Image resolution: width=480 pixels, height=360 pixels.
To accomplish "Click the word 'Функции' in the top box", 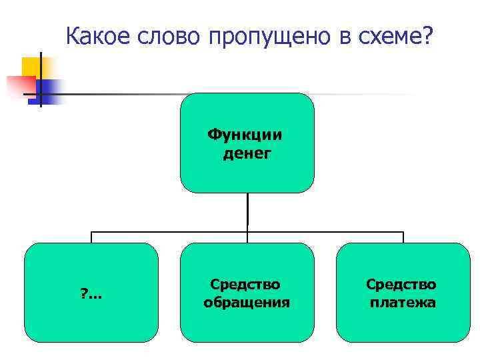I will pos(245,135).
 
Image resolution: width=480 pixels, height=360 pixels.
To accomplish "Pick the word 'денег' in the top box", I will pos(247,154).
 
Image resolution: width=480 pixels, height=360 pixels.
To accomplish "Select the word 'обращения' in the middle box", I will pos(247,303).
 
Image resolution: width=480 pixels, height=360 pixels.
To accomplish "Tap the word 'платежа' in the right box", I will pos(403,303).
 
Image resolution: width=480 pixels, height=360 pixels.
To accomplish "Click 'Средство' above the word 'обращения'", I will pos(245,284).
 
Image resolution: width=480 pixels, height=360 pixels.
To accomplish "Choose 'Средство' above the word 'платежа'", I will pos(401,284).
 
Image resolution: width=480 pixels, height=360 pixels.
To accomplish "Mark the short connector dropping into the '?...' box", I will pos(91,237).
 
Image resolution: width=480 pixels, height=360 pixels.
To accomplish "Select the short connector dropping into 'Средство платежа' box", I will pos(403,237).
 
